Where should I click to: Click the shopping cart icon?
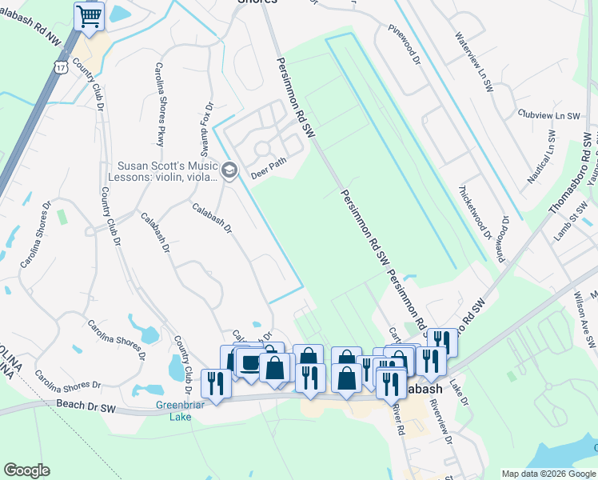click(x=90, y=16)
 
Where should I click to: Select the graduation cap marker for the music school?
click(x=229, y=169)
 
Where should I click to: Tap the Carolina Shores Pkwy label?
click(x=159, y=104)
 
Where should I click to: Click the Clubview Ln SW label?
click(x=548, y=114)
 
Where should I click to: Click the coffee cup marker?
click(x=251, y=364)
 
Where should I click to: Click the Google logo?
click(x=26, y=470)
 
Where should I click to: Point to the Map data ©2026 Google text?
click(x=548, y=474)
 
